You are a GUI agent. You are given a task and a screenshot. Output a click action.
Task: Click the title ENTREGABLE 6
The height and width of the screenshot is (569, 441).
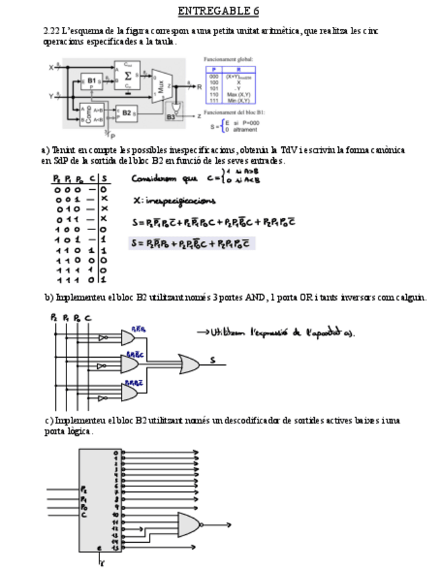pos(218,11)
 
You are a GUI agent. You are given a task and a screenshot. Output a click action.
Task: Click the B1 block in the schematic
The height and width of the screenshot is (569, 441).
pos(91,81)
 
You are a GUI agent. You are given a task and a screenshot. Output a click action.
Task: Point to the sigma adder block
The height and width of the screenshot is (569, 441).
pos(128,74)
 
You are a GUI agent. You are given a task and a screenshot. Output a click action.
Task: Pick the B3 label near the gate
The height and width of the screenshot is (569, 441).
pos(170,117)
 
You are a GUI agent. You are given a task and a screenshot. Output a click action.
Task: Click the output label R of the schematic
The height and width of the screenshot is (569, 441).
pos(199,87)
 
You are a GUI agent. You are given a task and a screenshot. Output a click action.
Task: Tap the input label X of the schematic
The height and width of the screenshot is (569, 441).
pos(51,68)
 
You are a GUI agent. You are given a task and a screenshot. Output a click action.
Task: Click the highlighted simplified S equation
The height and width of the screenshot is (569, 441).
pos(191,243)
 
